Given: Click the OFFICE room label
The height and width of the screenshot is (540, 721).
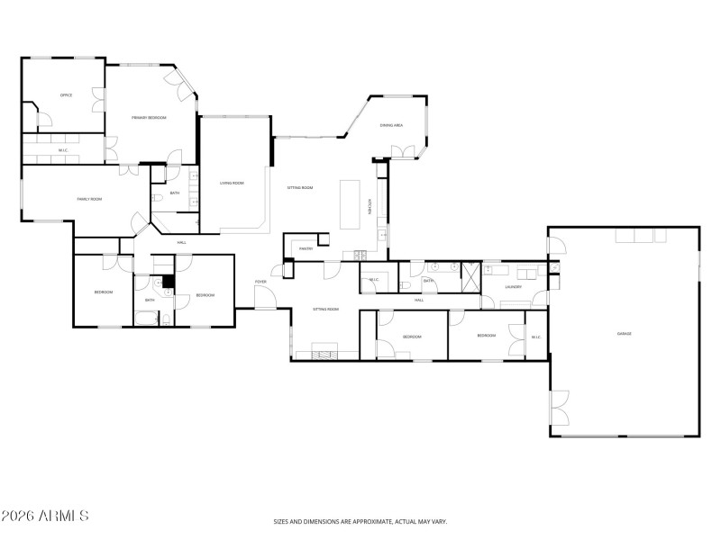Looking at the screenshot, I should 66,94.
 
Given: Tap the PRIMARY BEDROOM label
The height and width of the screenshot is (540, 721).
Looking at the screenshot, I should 149,118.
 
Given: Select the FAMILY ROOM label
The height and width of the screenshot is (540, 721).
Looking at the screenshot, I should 88,198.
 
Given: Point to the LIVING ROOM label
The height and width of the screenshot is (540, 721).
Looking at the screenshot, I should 232,183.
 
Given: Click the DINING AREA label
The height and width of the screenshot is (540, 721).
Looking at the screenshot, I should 391,125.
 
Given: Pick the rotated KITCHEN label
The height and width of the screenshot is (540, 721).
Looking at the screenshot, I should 370,206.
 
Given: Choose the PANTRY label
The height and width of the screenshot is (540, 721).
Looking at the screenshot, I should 306,249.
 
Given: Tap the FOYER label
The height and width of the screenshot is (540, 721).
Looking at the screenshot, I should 260,282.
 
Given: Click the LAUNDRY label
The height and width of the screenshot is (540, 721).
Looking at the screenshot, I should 514,287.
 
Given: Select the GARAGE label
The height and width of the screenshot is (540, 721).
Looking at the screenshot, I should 624,334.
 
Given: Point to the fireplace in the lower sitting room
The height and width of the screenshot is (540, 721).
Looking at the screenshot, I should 324,352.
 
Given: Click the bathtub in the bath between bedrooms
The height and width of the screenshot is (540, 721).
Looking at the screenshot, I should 144,317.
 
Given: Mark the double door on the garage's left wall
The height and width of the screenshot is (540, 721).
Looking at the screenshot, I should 560,408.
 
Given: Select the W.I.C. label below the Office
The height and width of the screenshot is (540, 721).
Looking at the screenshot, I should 63,150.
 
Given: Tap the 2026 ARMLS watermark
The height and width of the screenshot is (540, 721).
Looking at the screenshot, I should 45,517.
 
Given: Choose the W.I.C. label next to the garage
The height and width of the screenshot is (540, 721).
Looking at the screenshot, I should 535,337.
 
